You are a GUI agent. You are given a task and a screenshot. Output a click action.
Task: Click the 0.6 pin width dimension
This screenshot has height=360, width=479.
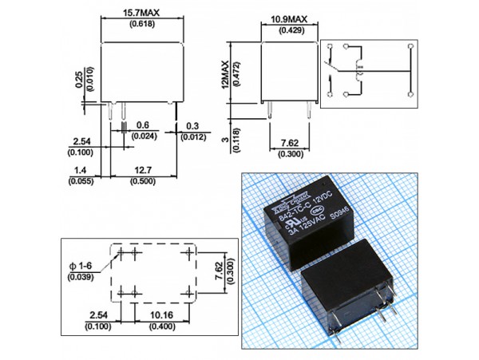[143, 125]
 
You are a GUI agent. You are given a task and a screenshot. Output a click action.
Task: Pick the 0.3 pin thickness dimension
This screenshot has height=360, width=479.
[192, 125]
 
